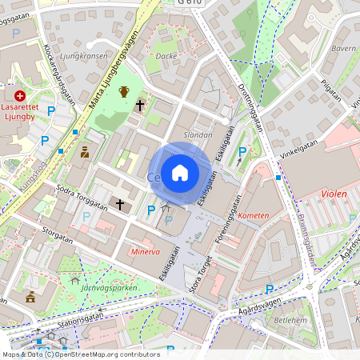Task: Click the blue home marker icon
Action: pos(180,172)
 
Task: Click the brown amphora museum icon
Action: pos(124,91)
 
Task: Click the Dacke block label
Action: pos(166,56)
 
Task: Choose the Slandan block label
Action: pos(198,135)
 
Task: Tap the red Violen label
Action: pos(334,194)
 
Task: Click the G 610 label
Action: pos(191,4)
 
